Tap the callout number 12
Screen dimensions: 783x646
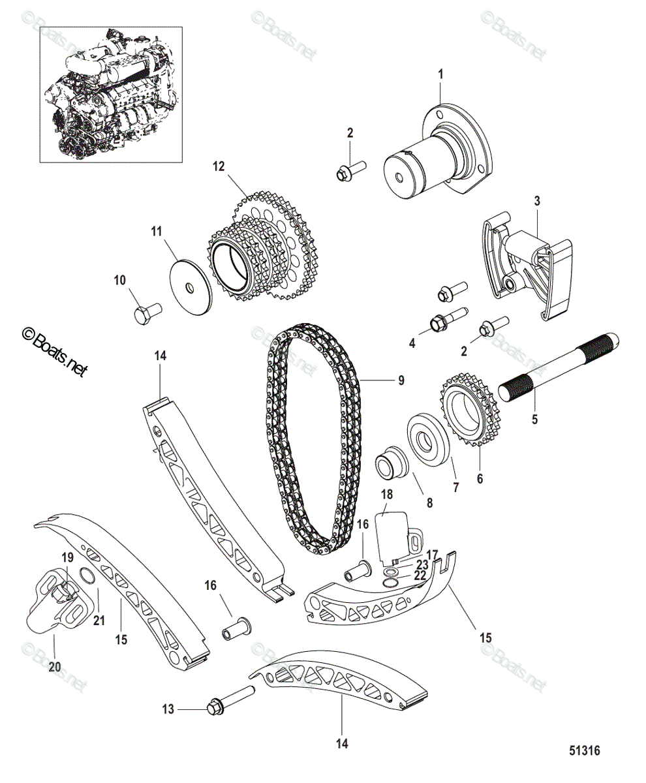point(218,167)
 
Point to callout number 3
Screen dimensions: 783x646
point(536,202)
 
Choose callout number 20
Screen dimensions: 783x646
point(54,667)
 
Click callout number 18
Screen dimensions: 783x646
point(386,495)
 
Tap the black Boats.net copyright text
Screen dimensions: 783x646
point(55,352)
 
